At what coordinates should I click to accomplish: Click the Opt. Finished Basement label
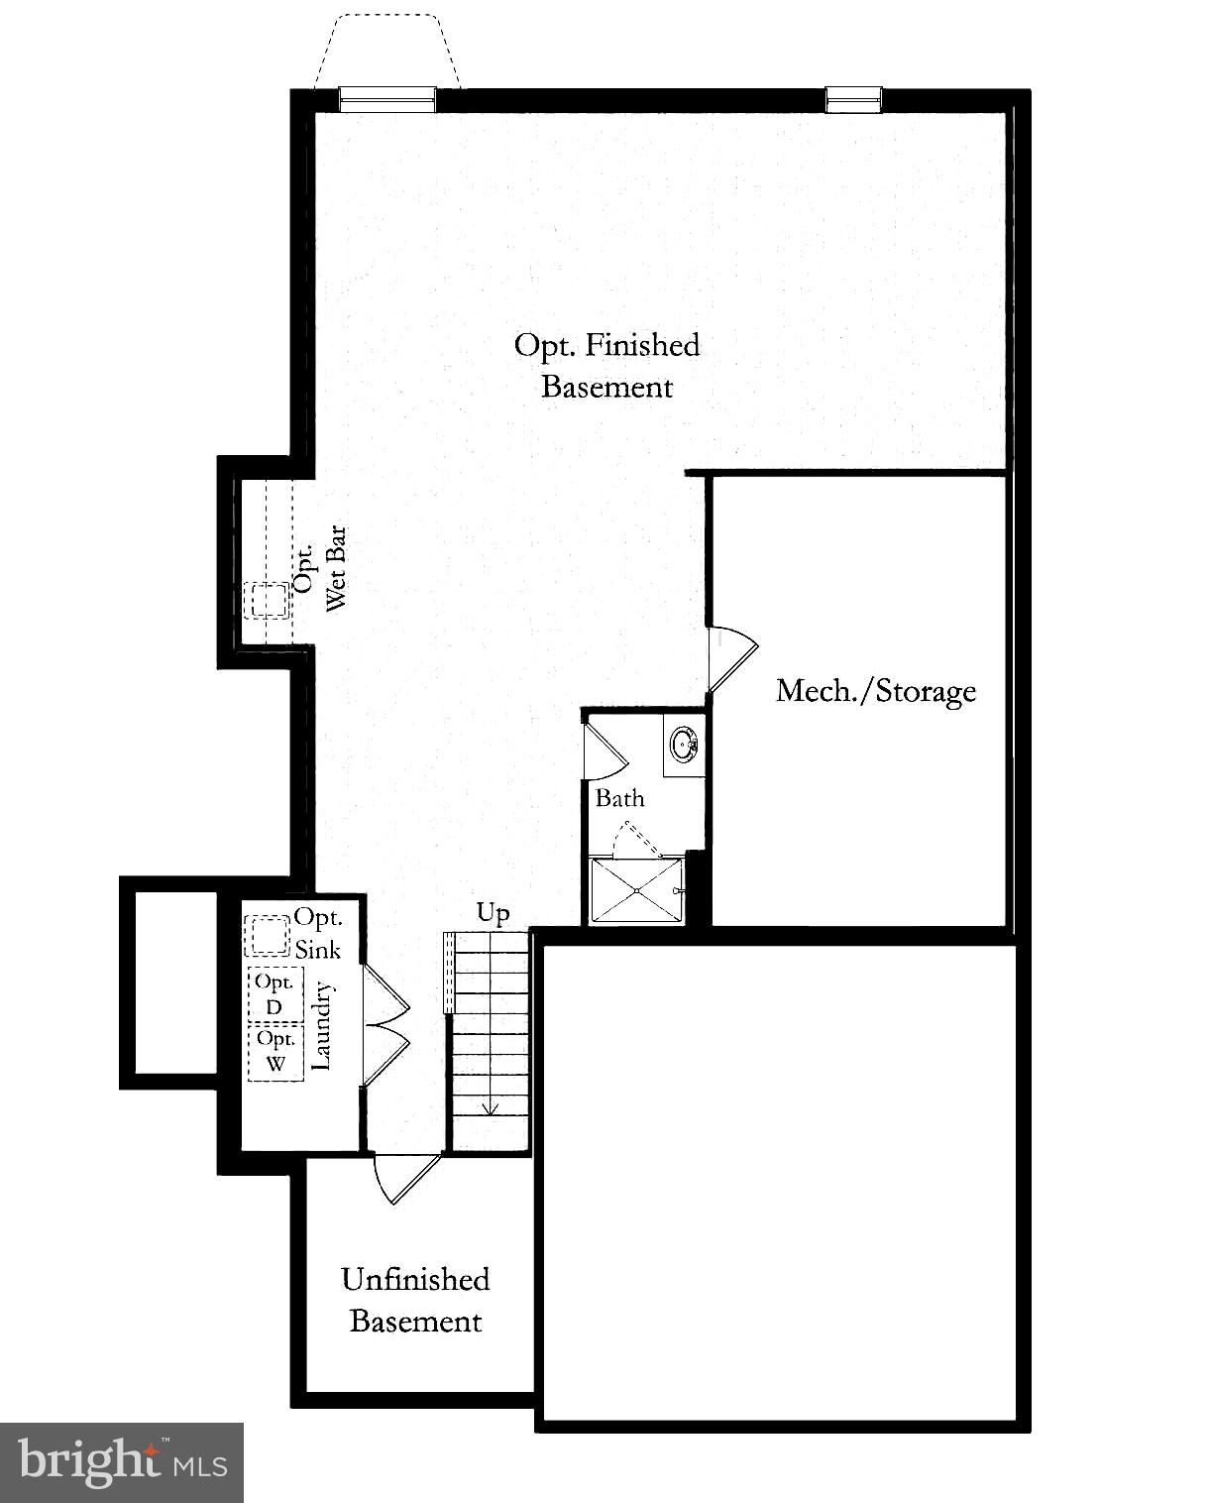pos(606,366)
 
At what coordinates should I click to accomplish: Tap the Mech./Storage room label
pos(875,690)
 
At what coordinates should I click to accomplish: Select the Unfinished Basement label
pos(415,1300)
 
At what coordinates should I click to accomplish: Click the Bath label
pos(619,798)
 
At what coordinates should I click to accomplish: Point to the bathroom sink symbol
pos(684,744)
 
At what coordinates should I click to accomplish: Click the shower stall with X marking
pos(635,890)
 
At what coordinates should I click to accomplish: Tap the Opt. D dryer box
pos(275,993)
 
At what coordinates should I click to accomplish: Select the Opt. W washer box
pos(275,1052)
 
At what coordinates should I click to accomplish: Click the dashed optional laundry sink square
pos(267,935)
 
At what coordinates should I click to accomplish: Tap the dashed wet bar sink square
pos(268,601)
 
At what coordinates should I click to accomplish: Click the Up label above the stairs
pos(493,912)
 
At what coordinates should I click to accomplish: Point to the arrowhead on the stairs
pos(489,1108)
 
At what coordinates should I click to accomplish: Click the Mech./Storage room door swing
pos(731,656)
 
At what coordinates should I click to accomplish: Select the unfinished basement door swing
pos(404,1178)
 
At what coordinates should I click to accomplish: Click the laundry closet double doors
pos(385,1025)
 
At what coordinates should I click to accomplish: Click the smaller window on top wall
pos(852,98)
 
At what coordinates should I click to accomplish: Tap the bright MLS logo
pos(122,1462)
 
